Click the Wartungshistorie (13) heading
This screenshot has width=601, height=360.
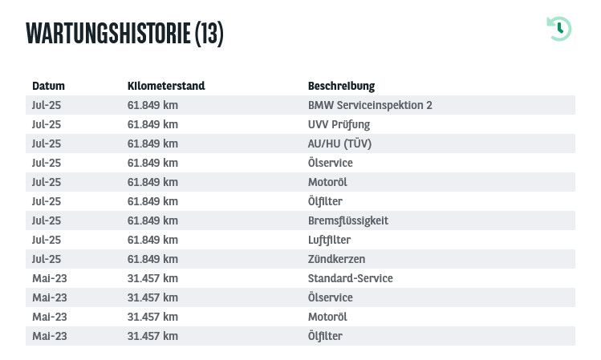click(124, 33)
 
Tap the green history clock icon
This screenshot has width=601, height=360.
click(558, 29)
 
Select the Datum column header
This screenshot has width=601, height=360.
click(48, 86)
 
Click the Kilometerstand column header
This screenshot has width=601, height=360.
click(166, 86)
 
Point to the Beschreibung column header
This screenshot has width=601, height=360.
click(341, 86)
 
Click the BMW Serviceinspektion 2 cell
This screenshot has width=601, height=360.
click(370, 105)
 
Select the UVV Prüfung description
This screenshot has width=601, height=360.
click(339, 124)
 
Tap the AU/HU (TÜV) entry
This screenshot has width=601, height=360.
click(339, 144)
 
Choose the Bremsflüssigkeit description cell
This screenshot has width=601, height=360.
click(348, 220)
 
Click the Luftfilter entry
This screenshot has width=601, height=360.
click(329, 240)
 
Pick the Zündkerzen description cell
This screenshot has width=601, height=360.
click(336, 259)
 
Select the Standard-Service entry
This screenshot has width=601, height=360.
click(350, 278)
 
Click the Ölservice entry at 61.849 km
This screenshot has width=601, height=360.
click(330, 163)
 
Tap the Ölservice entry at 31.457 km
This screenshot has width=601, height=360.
click(330, 297)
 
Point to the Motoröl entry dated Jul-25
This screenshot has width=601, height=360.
click(327, 182)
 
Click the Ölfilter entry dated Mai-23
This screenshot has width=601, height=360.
click(325, 336)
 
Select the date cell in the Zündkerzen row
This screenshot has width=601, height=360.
click(46, 259)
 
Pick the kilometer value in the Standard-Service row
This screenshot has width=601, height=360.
click(152, 278)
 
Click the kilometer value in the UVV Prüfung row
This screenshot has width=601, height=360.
click(152, 124)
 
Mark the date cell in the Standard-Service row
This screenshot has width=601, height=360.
click(49, 278)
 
